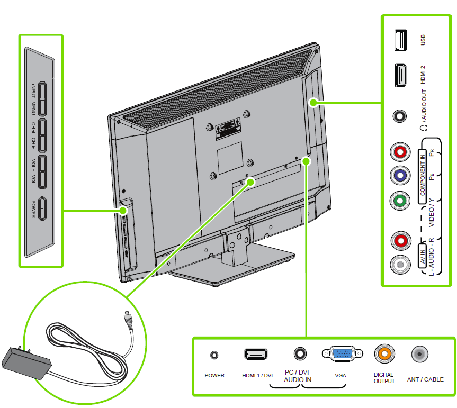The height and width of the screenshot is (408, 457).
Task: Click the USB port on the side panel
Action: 400,40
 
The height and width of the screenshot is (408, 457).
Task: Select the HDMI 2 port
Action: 400,75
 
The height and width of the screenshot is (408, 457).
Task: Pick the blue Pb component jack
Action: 400,176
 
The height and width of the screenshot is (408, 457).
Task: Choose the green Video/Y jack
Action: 400,200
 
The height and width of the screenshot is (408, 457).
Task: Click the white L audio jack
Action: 400,264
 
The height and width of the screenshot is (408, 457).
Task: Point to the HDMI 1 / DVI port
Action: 256,354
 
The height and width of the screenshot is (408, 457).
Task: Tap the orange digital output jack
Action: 383,354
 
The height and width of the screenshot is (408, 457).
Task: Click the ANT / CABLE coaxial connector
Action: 420,354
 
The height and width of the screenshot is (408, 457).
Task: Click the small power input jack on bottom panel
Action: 214,355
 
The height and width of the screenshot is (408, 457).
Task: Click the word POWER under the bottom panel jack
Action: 214,376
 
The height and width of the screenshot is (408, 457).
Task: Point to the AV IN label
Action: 423,256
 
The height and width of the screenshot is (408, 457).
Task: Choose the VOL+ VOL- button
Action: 42,171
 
